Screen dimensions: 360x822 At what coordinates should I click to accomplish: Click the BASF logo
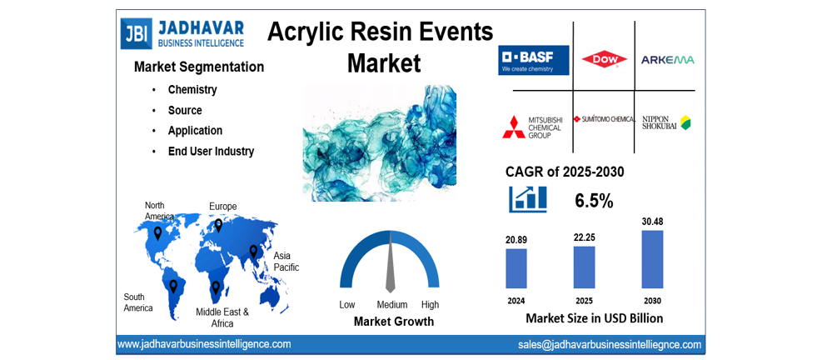coord(534,60)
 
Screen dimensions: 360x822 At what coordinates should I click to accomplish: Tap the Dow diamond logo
coord(604,59)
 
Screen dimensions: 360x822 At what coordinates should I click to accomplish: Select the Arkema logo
coord(667,60)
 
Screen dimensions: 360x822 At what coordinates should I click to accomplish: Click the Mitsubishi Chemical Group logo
coord(532,126)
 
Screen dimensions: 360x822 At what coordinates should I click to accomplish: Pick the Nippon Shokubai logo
coord(666,122)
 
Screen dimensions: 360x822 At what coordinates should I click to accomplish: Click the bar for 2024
coord(516,268)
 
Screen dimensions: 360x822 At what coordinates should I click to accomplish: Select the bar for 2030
coord(652,259)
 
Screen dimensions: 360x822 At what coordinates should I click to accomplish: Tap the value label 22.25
coord(585,237)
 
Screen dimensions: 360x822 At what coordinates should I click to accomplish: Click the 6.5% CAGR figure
coord(594,201)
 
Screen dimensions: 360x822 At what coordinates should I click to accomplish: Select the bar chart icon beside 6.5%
coord(528,199)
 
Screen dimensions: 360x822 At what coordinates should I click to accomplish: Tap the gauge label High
coord(430,304)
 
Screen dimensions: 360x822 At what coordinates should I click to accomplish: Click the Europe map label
coord(222,207)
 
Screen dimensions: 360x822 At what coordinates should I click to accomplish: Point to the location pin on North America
coord(157,233)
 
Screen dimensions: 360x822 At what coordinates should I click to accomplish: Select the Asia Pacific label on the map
coord(286,262)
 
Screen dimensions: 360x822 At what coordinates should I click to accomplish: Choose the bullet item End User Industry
coord(211,152)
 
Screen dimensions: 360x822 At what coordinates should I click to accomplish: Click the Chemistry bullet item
coord(192,90)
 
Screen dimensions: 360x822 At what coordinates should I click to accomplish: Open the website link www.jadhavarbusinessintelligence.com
coord(204,344)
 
